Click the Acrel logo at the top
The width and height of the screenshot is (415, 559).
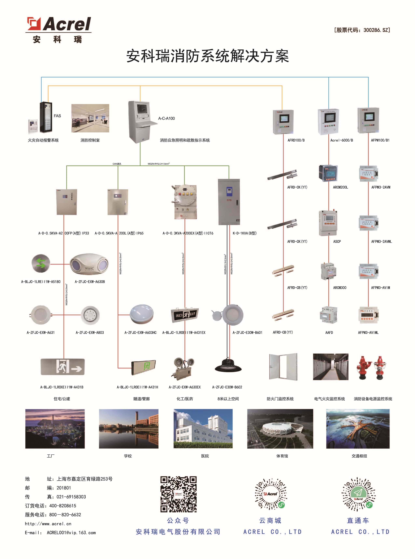click(59, 25)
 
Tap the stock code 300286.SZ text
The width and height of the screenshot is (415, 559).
click(362, 30)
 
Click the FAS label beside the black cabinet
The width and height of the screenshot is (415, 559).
click(57, 116)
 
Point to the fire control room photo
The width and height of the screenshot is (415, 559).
click(90, 118)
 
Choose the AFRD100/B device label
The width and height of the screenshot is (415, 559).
click(296, 140)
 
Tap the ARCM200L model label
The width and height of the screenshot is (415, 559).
click(340, 187)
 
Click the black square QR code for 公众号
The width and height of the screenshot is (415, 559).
click(178, 494)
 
